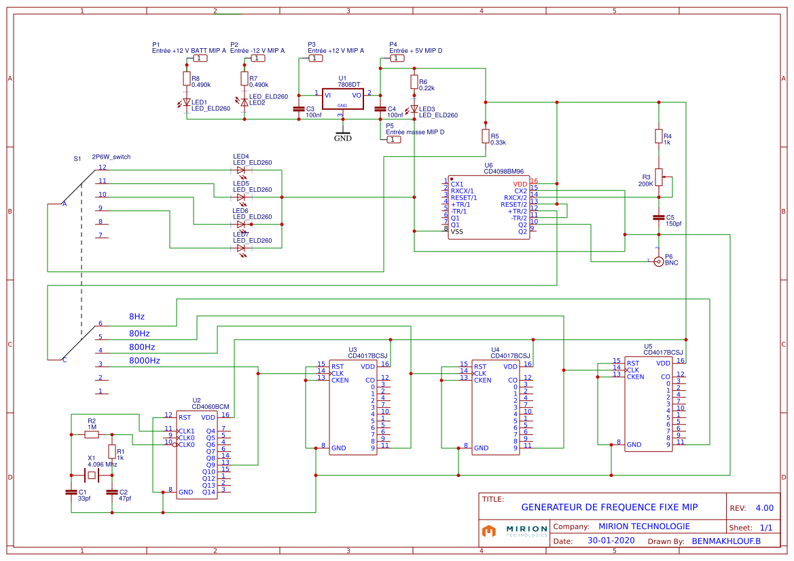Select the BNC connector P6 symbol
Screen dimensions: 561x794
(657, 262)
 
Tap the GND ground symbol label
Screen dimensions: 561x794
(343, 138)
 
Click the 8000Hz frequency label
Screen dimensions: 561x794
(145, 361)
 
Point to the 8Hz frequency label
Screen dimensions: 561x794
(137, 317)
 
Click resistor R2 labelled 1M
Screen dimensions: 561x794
(92, 434)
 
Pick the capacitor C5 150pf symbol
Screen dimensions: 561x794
(657, 218)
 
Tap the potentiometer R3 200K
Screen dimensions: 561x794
(658, 177)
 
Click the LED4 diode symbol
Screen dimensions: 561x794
(241, 170)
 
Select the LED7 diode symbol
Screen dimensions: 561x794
(241, 248)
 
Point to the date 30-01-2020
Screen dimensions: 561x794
(611, 541)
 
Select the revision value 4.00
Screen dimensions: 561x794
(764, 507)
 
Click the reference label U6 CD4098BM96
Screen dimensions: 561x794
(503, 168)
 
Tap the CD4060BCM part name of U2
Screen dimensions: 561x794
(211, 406)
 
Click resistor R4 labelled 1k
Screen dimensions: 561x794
(657, 136)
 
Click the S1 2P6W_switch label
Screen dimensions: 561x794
(102, 157)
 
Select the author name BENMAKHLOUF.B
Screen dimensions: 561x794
(726, 541)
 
